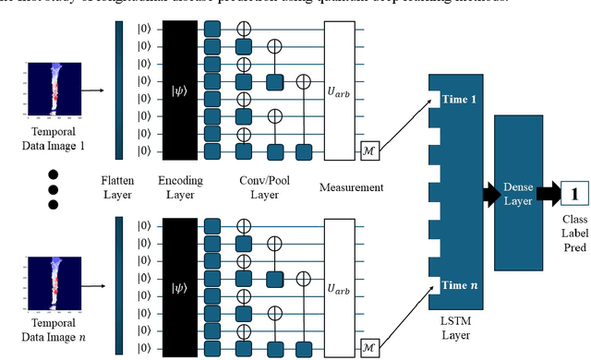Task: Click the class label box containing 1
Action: [573, 195]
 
